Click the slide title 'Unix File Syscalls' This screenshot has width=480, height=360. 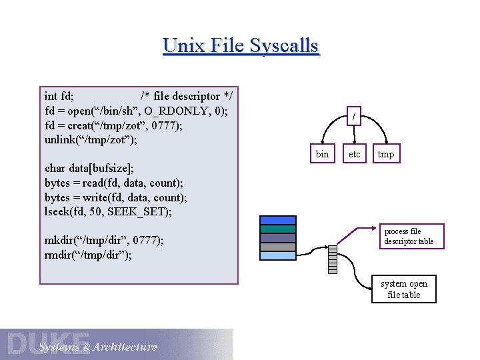pos(241,46)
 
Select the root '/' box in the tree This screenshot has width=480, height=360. pos(354,117)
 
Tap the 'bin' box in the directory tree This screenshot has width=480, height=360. pos(322,155)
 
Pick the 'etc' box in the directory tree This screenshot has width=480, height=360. pos(354,155)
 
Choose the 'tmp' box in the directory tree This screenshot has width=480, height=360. pos(386,155)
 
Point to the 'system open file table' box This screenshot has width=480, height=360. pos(404,289)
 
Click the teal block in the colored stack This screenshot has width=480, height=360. pos(278,229)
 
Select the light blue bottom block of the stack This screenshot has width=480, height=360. pos(278,255)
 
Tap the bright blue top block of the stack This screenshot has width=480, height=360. pos(278,220)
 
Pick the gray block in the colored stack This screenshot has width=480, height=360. pos(278,247)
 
